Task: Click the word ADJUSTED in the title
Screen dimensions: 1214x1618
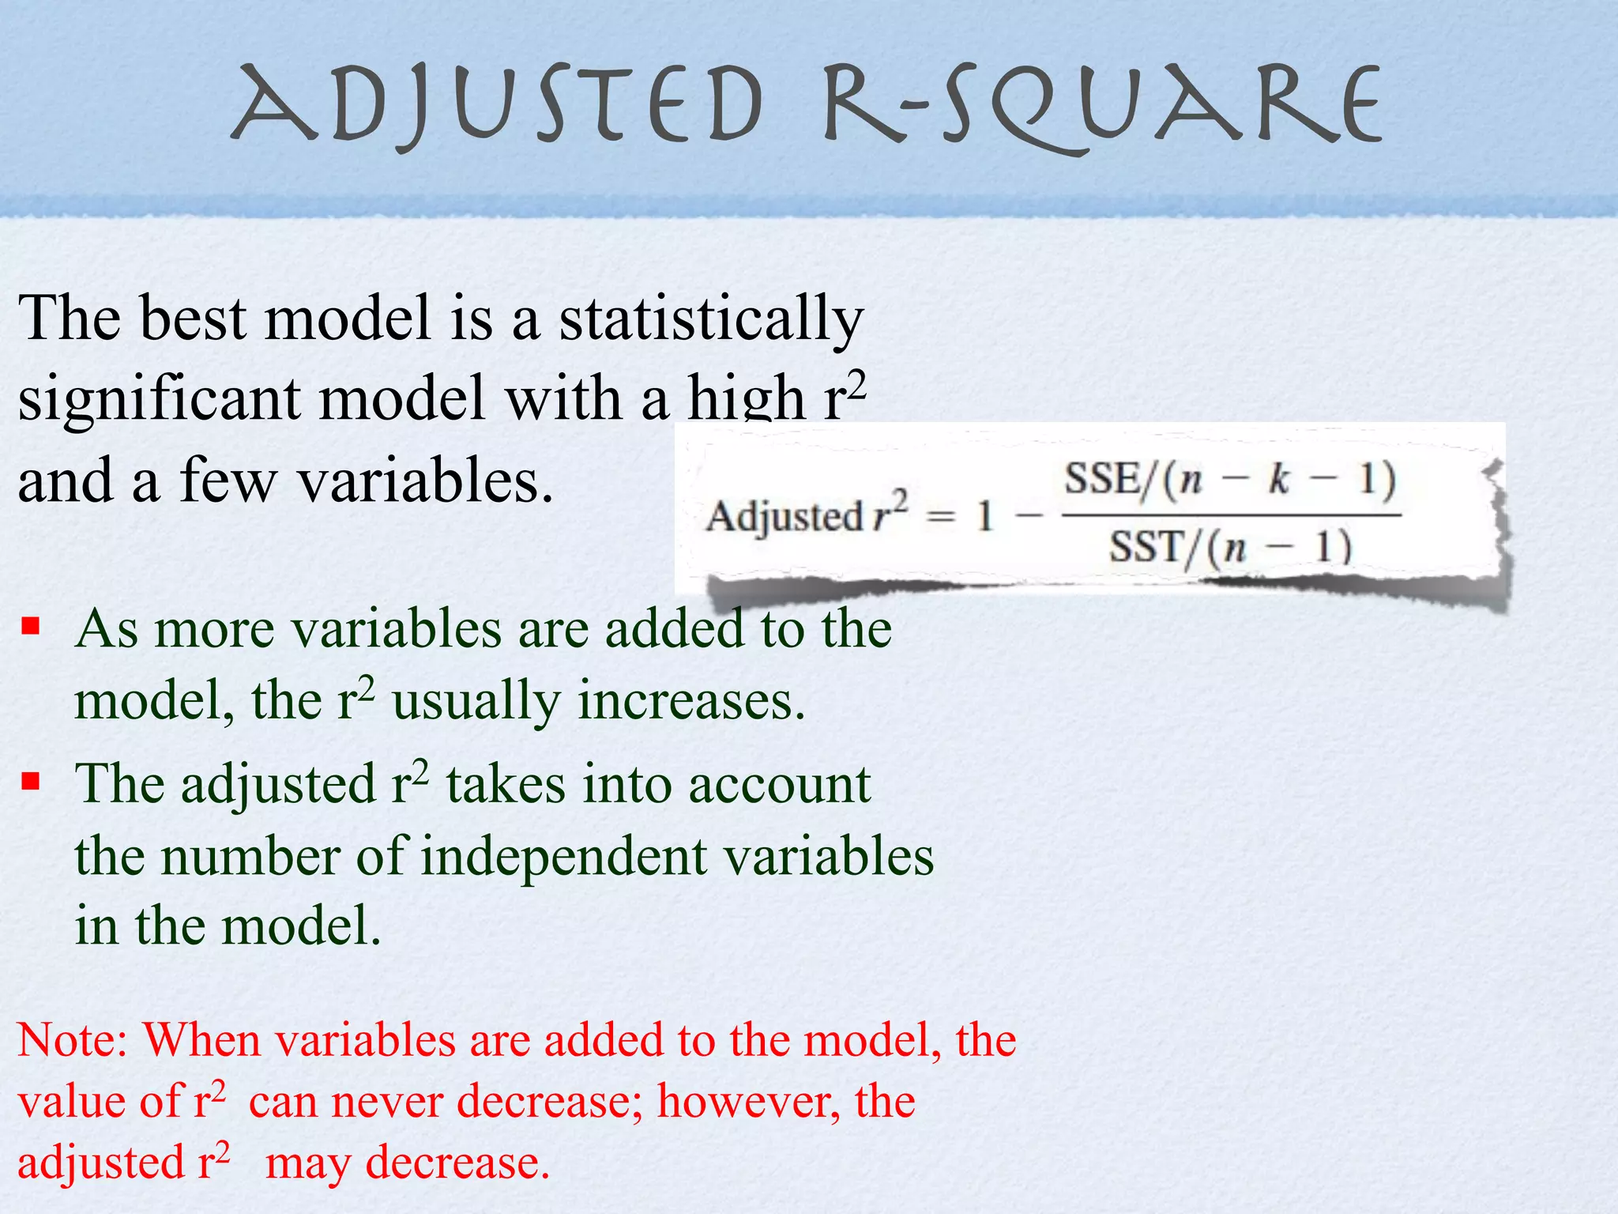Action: [x=496, y=107]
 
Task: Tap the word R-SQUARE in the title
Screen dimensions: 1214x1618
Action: [x=1103, y=107]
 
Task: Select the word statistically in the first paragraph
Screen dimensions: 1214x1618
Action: [x=711, y=319]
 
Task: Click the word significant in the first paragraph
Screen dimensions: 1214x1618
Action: [x=158, y=399]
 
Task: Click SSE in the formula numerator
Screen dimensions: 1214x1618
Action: [x=1101, y=478]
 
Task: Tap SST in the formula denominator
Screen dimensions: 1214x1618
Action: [x=1145, y=546]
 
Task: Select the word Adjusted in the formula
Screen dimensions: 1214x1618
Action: [x=783, y=517]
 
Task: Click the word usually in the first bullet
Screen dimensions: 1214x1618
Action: [x=476, y=701]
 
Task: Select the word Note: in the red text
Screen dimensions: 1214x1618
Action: [x=73, y=1040]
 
